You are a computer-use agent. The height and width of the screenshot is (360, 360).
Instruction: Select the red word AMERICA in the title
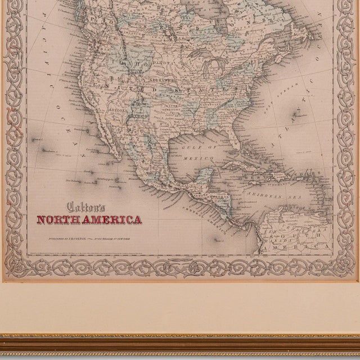tap(115, 219)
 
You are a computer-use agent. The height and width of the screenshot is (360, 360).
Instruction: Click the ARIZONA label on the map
tap(119, 111)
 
